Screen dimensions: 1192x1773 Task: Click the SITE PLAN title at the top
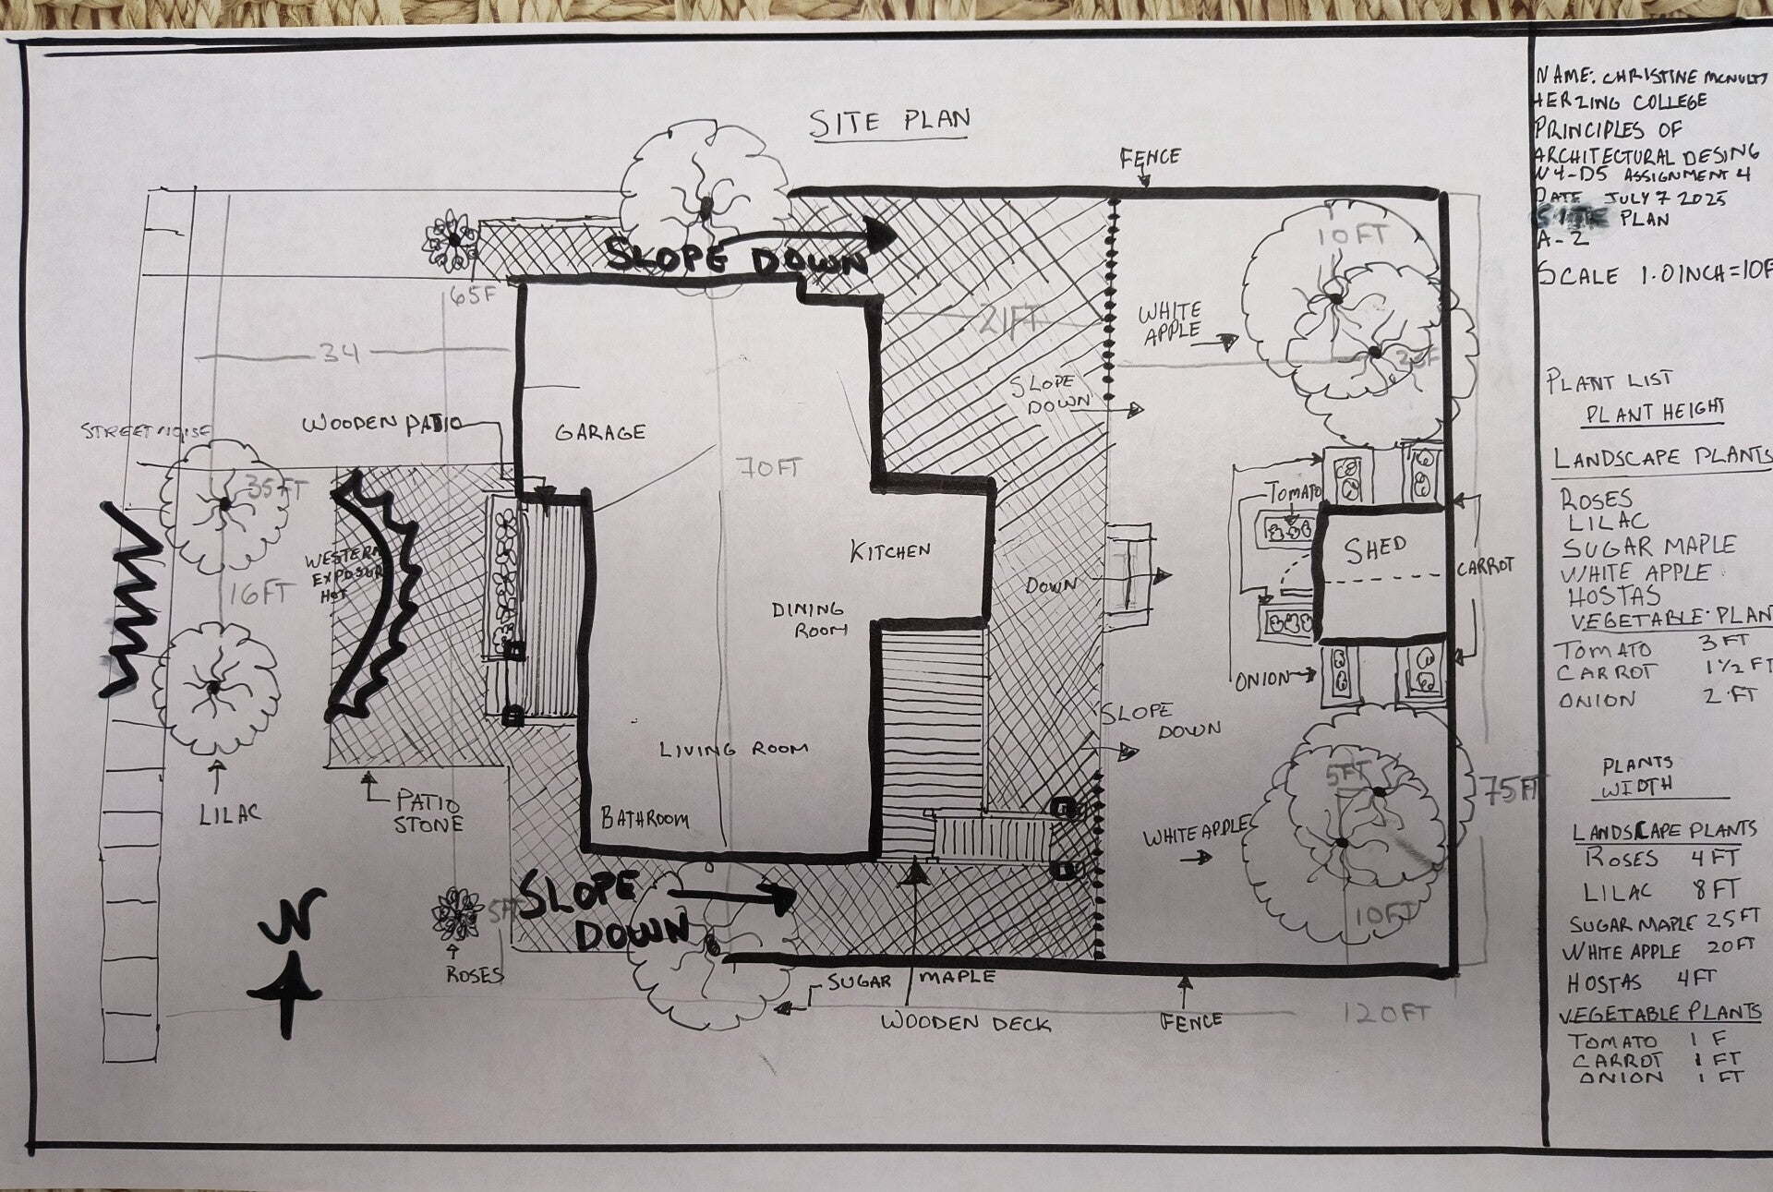(x=889, y=122)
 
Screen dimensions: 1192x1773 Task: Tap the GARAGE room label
(x=600, y=431)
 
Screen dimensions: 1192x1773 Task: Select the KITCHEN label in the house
(x=890, y=551)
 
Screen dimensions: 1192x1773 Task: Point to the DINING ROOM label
(x=809, y=619)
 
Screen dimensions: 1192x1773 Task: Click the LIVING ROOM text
(x=734, y=750)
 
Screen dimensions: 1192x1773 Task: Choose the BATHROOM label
(x=645, y=818)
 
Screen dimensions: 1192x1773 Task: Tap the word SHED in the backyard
(x=1375, y=550)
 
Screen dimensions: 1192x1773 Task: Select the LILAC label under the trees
(x=230, y=813)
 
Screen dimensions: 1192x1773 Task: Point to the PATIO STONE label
(x=428, y=812)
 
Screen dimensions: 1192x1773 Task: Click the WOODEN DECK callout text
(x=965, y=1022)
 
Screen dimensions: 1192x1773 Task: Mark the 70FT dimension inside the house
(x=768, y=469)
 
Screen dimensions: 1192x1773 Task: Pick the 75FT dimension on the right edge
(x=1511, y=790)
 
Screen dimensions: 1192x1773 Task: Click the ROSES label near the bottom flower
(x=474, y=975)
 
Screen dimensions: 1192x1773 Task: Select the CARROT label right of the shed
(x=1485, y=566)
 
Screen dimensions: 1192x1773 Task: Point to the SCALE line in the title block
(x=1653, y=274)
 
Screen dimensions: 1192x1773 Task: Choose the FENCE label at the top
(x=1150, y=157)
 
